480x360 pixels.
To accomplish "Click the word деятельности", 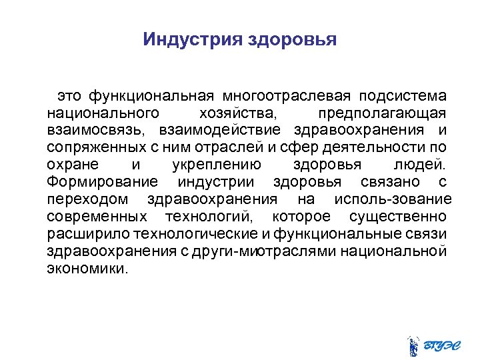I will pyautogui.click(x=377, y=147).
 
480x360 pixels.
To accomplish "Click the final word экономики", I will pyautogui.click(x=86, y=268).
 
